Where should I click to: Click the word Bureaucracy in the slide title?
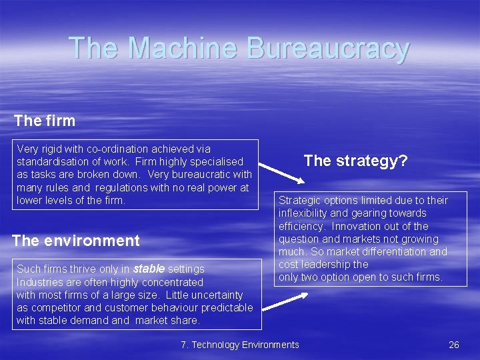tap(327, 49)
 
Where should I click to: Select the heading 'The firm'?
tap(45, 121)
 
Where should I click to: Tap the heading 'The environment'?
tap(76, 241)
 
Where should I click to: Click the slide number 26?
tap(454, 345)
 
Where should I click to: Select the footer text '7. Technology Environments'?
tap(240, 345)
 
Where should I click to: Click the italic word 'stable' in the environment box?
tap(149, 269)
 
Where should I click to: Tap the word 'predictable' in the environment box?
tap(227, 307)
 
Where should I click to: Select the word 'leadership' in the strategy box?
tap(327, 264)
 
